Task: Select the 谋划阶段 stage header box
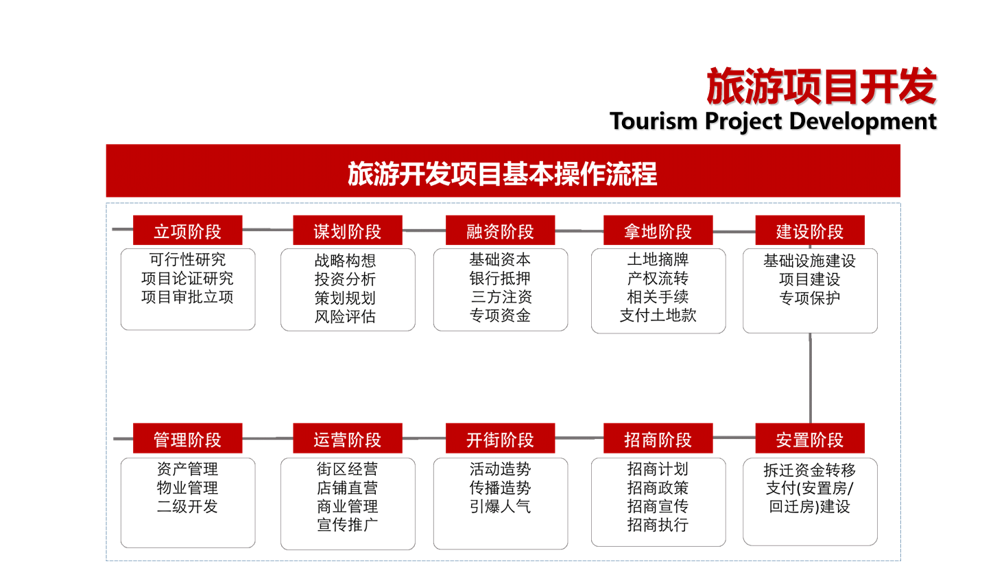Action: coord(347,231)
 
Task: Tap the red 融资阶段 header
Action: coord(500,231)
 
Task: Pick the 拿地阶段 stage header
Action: coord(658,231)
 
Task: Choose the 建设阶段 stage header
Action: coord(809,231)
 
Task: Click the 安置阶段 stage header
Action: coord(809,439)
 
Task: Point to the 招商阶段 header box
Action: coord(658,439)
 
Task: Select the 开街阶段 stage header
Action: coord(500,439)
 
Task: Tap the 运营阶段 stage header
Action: coord(347,439)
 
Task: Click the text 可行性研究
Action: coord(187,260)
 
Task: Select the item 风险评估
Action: coord(345,316)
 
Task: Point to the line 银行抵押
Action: coord(500,279)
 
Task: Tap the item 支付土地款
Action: coord(658,316)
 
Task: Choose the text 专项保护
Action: coord(809,298)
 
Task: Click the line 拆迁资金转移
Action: coord(809,470)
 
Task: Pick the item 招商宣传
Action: coord(658,506)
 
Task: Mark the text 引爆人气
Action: coord(500,506)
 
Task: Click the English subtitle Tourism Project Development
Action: coord(773,121)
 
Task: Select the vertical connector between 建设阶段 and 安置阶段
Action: coord(810,377)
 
